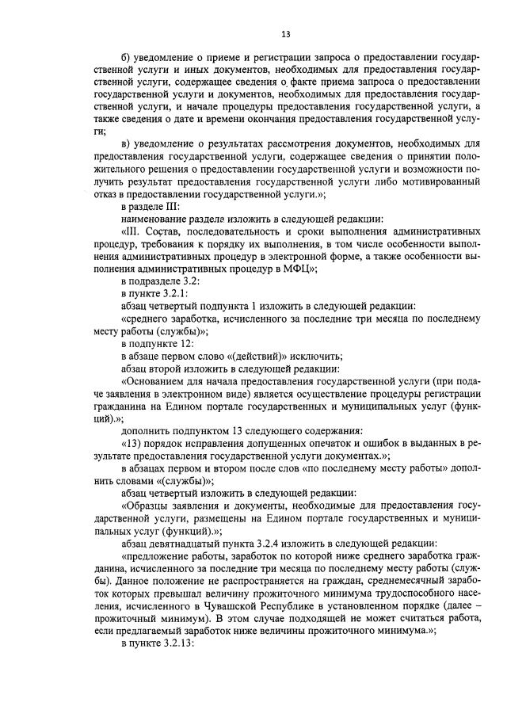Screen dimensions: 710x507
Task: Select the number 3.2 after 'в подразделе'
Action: (191, 281)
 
